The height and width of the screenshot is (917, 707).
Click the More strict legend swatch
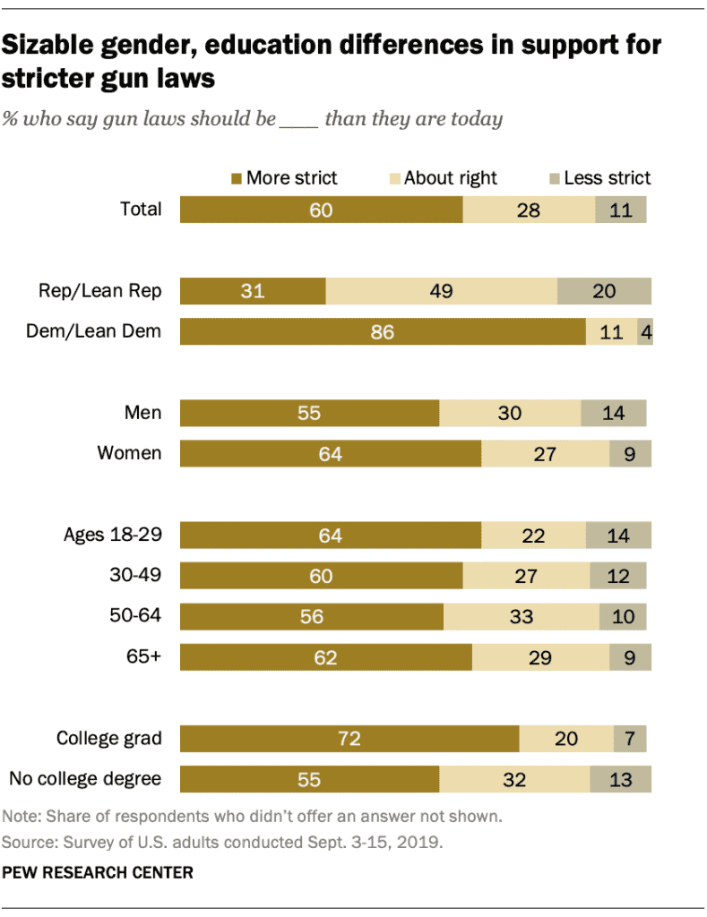click(237, 178)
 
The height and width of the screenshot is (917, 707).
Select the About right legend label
click(450, 178)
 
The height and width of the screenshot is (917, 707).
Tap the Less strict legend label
click(607, 178)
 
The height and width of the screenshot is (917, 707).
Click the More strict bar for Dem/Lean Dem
click(383, 331)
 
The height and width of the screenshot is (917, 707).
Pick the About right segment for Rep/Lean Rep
click(441, 292)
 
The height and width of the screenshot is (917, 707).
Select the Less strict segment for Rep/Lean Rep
click(604, 292)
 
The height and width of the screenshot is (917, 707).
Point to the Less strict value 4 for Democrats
click(645, 331)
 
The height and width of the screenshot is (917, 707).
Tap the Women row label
click(130, 453)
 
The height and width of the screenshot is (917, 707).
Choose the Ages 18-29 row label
click(112, 536)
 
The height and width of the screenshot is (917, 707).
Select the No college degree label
click(85, 778)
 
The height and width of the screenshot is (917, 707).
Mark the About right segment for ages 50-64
click(521, 616)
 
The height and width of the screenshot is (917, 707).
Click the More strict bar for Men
click(309, 414)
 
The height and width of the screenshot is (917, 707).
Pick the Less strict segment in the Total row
click(620, 210)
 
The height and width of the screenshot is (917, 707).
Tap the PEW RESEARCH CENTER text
click(98, 872)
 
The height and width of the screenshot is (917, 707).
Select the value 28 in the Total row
click(529, 210)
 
